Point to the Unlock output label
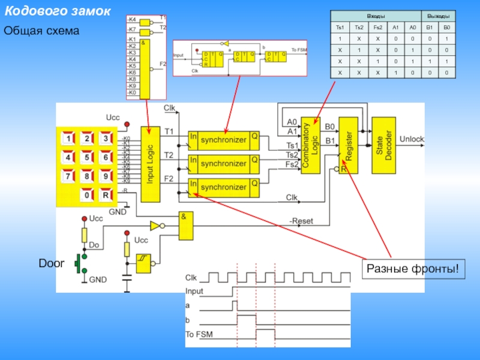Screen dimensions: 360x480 click(412, 139)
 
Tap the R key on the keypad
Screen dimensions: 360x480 click(105, 195)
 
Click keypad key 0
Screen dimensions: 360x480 click(88, 195)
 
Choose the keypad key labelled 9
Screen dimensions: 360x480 click(105, 177)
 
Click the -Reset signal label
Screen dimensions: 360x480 click(302, 221)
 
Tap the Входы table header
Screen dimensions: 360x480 click(376, 16)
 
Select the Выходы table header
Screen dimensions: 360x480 click(437, 16)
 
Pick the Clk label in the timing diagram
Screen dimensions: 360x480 click(191, 278)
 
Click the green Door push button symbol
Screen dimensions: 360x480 click(79, 264)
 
